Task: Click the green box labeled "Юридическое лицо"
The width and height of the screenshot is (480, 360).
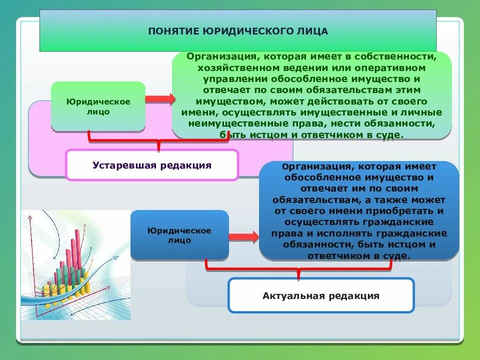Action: point(98,106)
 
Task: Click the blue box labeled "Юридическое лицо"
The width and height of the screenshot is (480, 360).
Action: point(179,235)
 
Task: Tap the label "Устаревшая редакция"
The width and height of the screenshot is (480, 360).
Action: point(152,165)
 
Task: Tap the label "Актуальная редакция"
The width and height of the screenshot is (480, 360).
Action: point(321,295)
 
